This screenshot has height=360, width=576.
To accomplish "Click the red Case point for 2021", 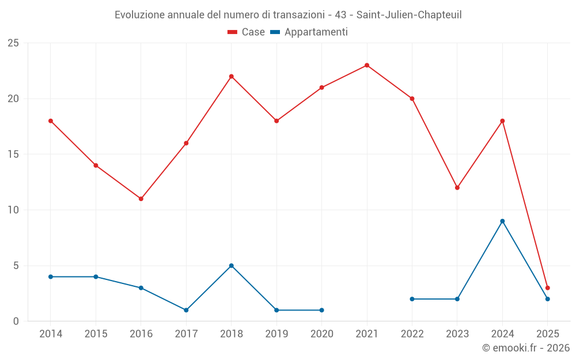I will [x=367, y=65].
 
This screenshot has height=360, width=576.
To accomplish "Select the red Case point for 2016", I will [x=141, y=199].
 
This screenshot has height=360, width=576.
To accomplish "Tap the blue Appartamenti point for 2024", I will [x=502, y=221].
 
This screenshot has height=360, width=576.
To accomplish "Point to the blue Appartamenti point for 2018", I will [x=232, y=266].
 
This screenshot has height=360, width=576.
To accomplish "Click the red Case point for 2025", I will [x=548, y=288].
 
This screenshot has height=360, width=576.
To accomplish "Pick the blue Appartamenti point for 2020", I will [x=321, y=310].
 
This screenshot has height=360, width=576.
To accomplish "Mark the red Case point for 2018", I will [x=232, y=77].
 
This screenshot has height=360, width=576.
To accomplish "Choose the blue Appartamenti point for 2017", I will [x=186, y=310].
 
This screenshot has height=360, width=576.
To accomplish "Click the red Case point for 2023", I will [x=457, y=188].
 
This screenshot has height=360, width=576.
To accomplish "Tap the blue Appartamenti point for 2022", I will [x=412, y=299].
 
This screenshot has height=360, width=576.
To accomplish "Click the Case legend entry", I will [x=247, y=32].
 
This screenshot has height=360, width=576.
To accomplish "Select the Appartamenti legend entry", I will [x=309, y=32].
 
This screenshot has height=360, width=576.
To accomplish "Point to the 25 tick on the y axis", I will [x=13, y=43].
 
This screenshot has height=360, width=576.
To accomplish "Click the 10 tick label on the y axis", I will [x=13, y=210].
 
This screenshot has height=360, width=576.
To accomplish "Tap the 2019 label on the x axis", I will [x=276, y=334].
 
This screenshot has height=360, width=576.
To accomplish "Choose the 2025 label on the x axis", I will [x=548, y=334].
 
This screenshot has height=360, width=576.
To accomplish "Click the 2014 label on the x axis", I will [x=51, y=334].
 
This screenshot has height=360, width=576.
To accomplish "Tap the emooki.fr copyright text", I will [x=526, y=348].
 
